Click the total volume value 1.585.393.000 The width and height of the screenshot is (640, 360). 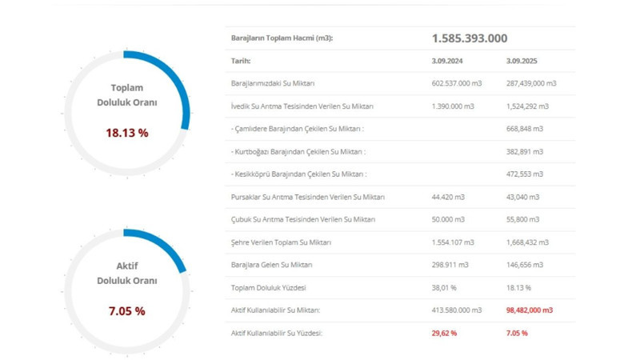[x=469, y=38]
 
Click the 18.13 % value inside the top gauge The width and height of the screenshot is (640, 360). [x=127, y=133]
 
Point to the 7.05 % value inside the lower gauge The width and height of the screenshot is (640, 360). [x=127, y=311]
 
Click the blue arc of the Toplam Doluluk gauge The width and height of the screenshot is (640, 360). [x=178, y=80]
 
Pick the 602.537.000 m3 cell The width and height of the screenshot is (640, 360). [x=456, y=83]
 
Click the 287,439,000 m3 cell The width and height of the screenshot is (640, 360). [x=531, y=83]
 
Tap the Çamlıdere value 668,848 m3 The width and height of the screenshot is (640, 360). [x=524, y=129]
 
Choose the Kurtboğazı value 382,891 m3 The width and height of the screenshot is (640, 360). [x=524, y=151]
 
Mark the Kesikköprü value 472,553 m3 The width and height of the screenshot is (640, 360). [x=524, y=174]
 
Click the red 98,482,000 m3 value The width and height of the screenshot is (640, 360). [x=530, y=310]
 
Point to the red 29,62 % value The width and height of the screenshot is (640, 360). [x=444, y=333]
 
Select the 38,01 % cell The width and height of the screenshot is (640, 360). [x=444, y=287]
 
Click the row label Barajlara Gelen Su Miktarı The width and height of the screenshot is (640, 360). [x=271, y=265]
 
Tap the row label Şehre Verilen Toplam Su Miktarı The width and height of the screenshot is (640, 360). [x=281, y=242]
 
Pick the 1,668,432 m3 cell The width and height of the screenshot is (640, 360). [x=527, y=242]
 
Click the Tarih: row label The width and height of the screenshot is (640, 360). [x=241, y=61]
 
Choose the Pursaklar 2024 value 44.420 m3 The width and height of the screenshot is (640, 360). [x=448, y=197]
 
